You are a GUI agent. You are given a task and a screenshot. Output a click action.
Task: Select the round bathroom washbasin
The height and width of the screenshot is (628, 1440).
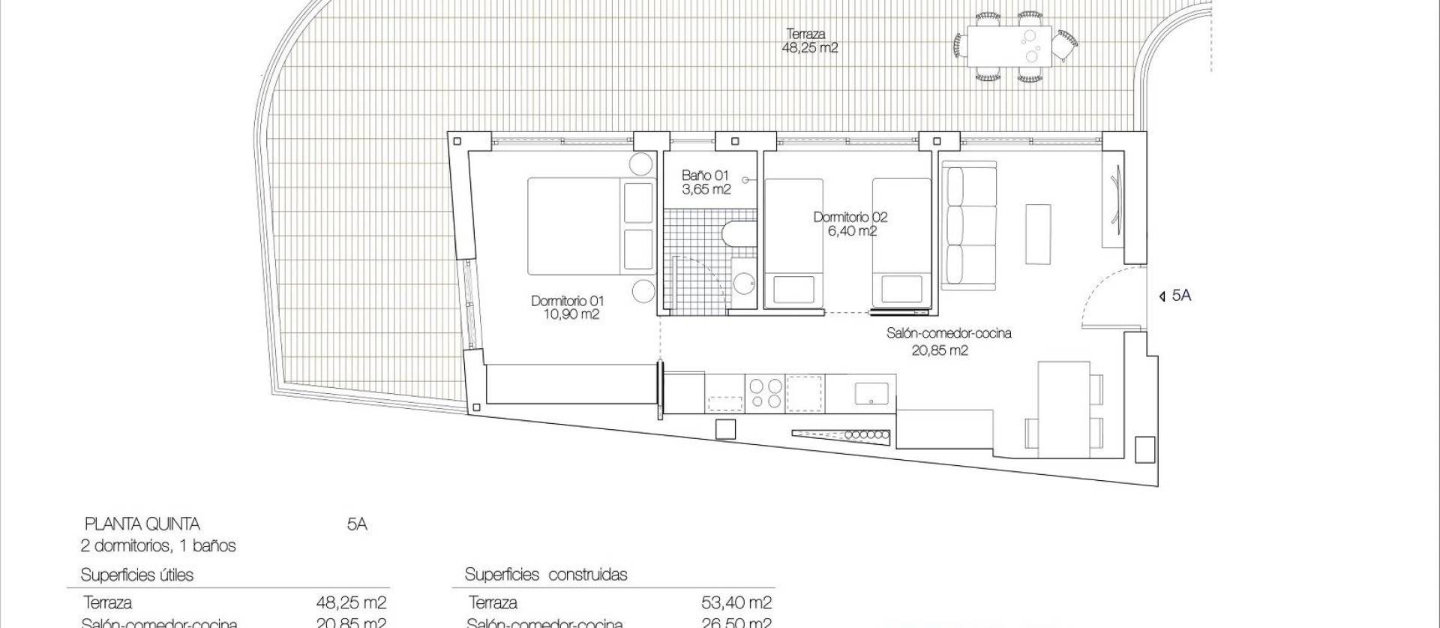click(x=745, y=283)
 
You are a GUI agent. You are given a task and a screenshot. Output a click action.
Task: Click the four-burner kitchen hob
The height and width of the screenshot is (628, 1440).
click(x=765, y=392)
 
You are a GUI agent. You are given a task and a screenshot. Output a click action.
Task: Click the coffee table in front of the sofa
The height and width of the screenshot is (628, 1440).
click(x=1039, y=233)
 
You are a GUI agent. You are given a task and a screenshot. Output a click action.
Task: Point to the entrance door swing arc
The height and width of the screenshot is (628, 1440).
click(x=1095, y=296)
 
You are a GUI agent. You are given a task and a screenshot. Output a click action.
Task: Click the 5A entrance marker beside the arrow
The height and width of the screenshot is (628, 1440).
click(x=1181, y=296)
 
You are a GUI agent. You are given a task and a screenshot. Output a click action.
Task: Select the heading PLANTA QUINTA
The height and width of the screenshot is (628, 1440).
click(x=142, y=524)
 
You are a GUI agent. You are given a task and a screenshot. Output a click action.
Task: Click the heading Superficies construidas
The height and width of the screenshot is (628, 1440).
click(x=546, y=575)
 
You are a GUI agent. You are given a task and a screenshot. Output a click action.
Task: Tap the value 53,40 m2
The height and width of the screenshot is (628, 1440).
click(x=735, y=602)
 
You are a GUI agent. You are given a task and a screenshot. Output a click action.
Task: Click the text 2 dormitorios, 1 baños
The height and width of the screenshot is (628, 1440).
click(x=158, y=545)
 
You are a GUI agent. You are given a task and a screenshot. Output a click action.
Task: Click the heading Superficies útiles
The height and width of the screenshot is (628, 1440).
click(x=137, y=575)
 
